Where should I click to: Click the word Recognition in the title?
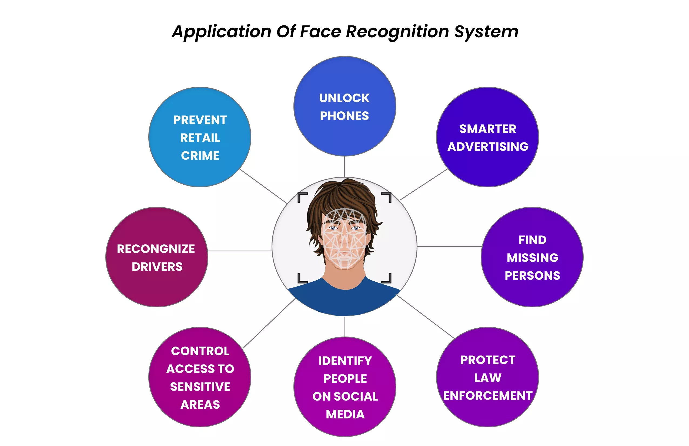(397, 31)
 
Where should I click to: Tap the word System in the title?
(486, 31)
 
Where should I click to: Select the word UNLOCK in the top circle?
(344, 98)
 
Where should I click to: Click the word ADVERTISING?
(488, 147)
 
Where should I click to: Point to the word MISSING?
(532, 258)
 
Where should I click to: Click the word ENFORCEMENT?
(488, 396)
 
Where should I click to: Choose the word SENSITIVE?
(200, 387)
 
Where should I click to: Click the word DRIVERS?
(157, 267)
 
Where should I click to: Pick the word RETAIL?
(200, 138)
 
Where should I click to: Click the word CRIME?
(200, 156)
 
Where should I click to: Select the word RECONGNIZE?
(156, 249)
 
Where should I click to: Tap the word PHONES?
(344, 116)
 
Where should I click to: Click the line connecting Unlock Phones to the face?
(344, 166)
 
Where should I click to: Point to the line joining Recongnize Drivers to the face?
(240, 251)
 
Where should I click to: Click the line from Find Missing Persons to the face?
(449, 247)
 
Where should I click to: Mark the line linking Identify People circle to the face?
(345, 327)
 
